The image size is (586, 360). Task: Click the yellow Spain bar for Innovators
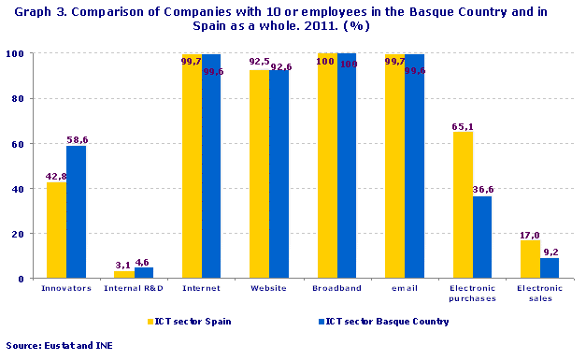57,229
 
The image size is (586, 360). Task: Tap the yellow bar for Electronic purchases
464,205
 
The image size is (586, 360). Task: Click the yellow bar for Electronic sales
531,259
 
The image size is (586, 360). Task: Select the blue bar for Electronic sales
550,267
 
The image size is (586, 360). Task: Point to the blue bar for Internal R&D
144,273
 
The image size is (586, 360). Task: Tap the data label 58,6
77,139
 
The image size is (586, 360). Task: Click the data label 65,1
464,125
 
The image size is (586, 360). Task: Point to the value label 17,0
530,234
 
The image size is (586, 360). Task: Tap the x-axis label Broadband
337,289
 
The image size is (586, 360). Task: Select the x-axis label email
405,289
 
